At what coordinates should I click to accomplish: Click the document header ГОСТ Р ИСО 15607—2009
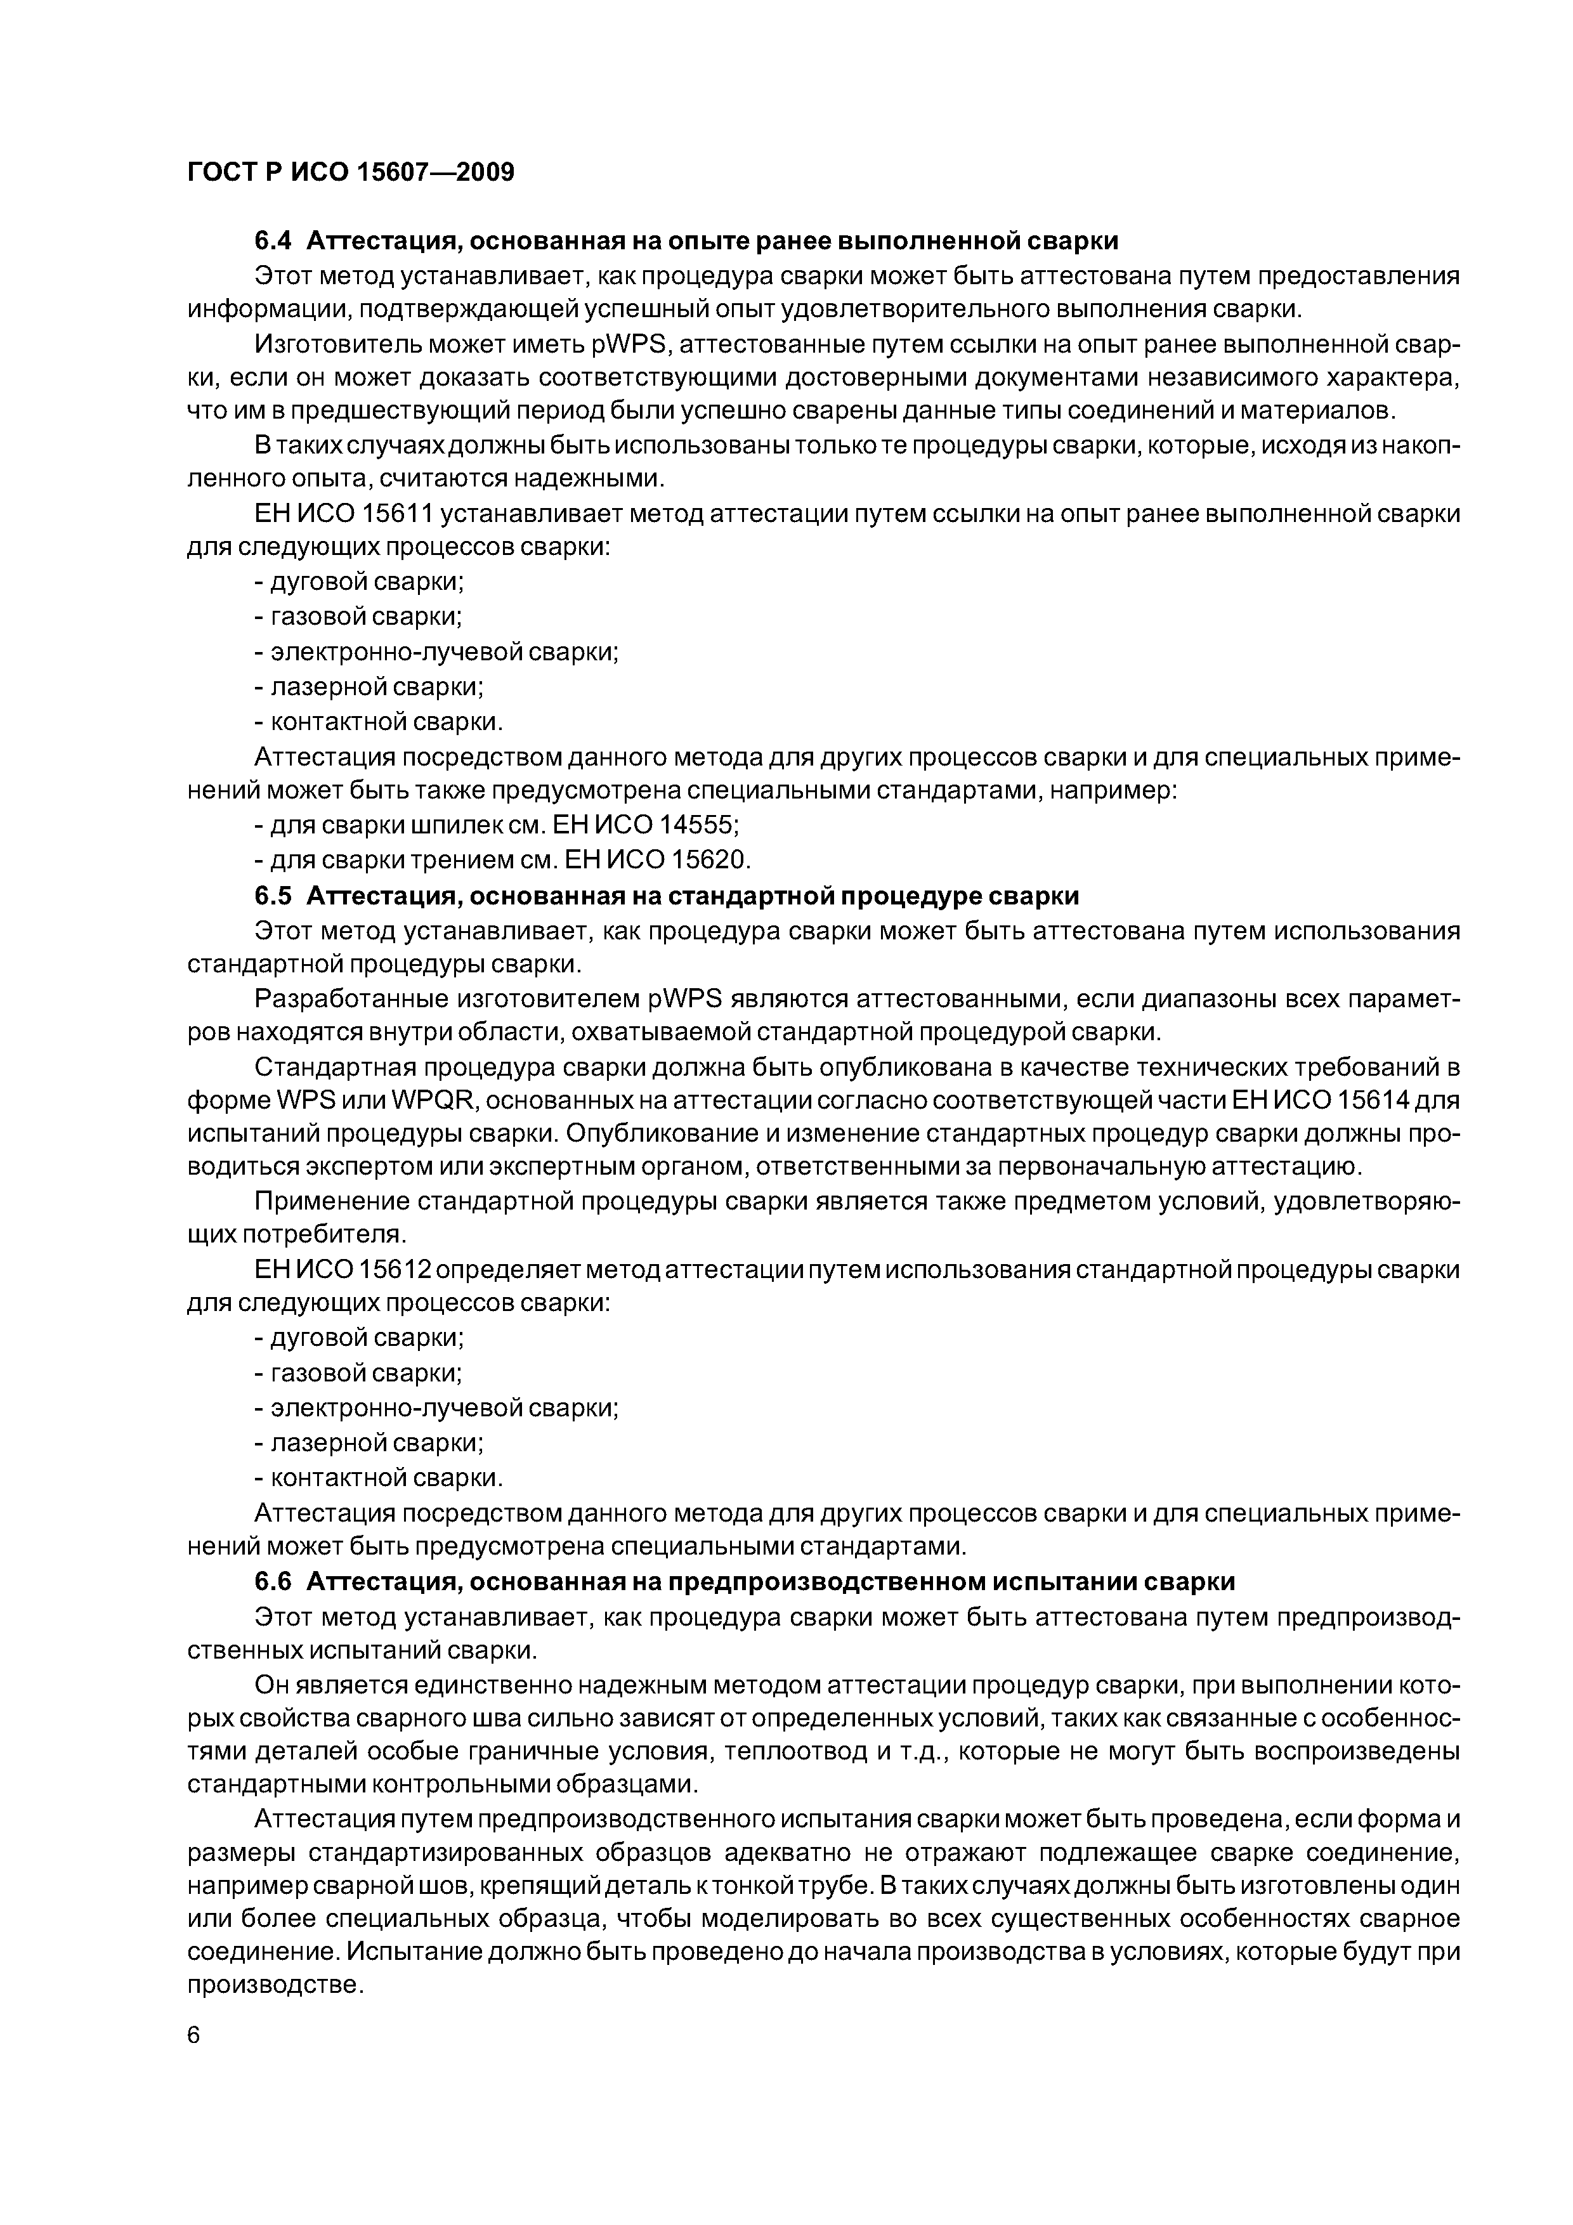[x=350, y=173]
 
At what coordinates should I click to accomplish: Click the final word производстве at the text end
[x=273, y=1985]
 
